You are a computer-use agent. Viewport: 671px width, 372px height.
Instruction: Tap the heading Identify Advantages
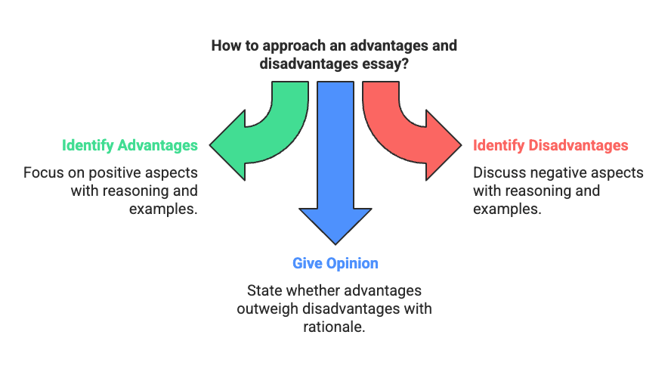(130, 145)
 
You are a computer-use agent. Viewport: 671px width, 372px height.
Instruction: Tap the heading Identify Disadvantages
(550, 145)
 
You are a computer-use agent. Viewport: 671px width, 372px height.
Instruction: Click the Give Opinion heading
(335, 263)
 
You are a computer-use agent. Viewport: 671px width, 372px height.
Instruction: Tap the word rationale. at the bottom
(335, 327)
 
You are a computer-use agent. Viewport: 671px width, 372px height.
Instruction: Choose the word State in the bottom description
(264, 290)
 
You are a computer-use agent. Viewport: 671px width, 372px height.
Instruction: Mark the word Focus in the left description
(43, 172)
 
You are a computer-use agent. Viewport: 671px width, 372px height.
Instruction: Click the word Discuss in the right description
(498, 172)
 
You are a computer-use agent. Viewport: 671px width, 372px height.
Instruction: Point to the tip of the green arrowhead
(211, 144)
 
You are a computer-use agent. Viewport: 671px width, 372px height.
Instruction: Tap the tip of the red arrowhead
(460, 144)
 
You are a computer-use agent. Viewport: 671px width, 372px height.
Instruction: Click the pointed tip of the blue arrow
(335, 244)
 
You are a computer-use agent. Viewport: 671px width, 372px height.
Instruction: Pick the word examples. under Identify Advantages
(163, 209)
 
